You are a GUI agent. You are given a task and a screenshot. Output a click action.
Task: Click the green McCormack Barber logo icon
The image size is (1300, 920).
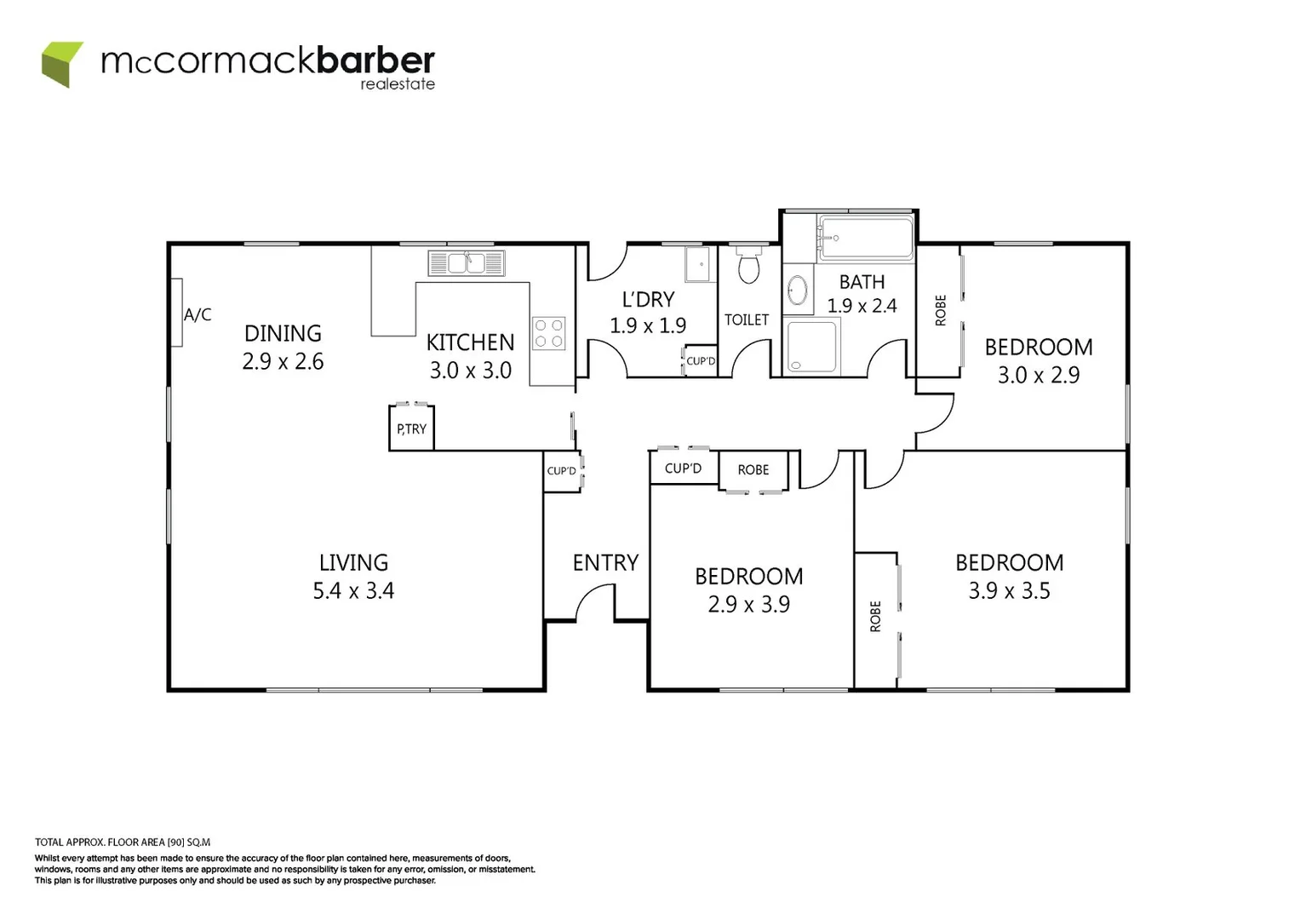[x=62, y=64]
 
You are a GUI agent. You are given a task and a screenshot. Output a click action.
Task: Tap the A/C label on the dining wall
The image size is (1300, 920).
[x=198, y=315]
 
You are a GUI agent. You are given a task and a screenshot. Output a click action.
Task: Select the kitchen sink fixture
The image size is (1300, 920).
[x=466, y=263]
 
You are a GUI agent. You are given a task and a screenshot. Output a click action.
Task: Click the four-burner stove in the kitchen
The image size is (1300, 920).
[x=548, y=333]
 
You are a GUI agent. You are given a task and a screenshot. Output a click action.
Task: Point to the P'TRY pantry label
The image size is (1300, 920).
[x=411, y=429]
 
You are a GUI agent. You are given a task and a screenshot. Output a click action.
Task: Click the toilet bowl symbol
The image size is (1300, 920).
[x=748, y=267]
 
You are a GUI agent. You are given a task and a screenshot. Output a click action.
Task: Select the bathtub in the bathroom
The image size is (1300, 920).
[x=865, y=238]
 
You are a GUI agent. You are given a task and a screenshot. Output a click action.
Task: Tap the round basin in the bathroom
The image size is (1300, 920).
[x=798, y=290]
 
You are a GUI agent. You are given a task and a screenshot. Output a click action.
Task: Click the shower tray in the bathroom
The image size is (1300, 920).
[x=811, y=347]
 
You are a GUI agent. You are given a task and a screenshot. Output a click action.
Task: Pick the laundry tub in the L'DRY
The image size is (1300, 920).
[x=697, y=264]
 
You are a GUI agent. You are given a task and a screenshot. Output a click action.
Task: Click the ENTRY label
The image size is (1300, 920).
[x=605, y=563]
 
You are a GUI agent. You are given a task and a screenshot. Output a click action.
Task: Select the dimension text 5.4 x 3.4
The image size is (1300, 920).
[x=353, y=591]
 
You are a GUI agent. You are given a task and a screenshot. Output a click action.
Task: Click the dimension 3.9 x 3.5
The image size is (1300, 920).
[x=1009, y=591]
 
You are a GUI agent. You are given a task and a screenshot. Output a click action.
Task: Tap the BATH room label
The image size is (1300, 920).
[x=862, y=282]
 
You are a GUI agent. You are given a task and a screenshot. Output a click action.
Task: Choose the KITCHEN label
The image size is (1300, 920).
[x=470, y=342]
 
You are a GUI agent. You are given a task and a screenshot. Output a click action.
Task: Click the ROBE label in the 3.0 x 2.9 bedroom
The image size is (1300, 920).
[x=941, y=310]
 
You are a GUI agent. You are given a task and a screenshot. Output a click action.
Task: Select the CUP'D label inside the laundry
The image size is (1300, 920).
[x=701, y=361]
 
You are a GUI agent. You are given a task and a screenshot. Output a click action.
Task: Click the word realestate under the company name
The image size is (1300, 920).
[x=398, y=84]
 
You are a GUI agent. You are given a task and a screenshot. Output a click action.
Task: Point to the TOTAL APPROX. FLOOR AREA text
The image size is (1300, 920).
[x=123, y=842]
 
